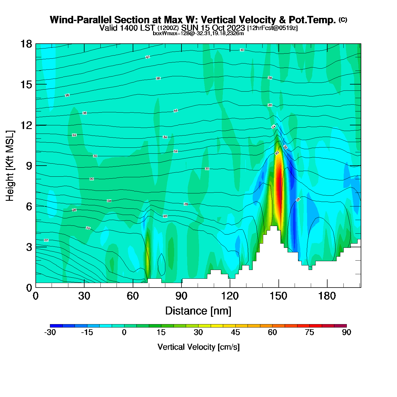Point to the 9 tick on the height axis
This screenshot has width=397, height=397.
point(29,166)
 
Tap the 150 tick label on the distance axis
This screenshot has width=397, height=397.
point(278,296)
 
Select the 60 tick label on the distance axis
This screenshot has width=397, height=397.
point(133,296)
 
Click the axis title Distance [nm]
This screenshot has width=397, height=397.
point(198,311)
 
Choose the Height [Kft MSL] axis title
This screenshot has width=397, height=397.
point(10,166)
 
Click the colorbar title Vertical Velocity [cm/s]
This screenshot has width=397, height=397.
point(198,347)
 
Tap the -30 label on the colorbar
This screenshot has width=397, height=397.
point(50,333)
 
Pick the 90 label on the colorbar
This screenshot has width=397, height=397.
point(347,333)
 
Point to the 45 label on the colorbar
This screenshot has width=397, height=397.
point(235,333)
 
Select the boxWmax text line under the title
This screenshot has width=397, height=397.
point(198,33)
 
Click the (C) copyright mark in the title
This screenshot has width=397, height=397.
point(343,20)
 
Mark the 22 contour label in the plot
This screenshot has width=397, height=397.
point(46,240)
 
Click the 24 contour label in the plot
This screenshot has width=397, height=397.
point(88,228)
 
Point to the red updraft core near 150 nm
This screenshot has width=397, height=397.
point(279,187)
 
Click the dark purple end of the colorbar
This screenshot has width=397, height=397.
point(340,326)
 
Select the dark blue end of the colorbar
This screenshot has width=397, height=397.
point(56,326)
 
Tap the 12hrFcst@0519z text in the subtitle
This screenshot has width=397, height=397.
point(273,28)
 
